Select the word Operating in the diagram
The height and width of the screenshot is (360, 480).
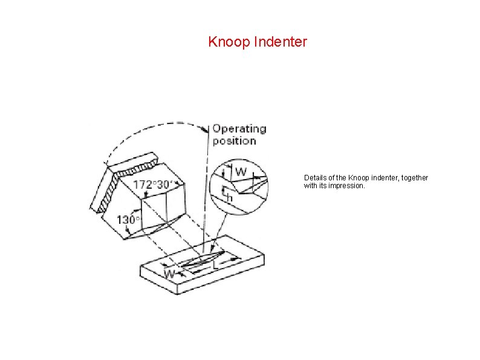(x=239, y=129)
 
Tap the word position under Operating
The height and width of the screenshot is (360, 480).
(x=235, y=141)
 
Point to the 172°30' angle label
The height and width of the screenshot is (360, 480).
(x=153, y=184)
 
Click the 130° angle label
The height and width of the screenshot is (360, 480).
(x=128, y=220)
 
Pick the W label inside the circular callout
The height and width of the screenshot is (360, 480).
(x=240, y=172)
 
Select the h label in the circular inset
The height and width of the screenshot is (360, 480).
(x=229, y=197)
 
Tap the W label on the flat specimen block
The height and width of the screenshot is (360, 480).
(x=170, y=274)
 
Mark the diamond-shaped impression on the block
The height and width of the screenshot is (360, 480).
(x=197, y=261)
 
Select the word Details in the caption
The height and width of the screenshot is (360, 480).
(x=314, y=178)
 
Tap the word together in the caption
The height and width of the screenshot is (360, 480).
(x=414, y=178)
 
